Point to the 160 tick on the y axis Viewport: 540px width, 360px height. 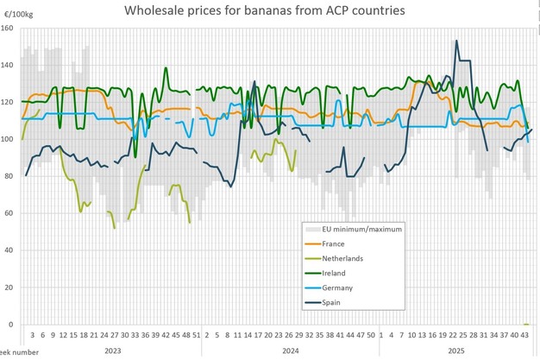[8, 28]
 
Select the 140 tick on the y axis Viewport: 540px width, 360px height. [8, 65]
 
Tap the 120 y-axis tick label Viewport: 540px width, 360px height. [8, 102]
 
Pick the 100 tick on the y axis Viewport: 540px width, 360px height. [8, 139]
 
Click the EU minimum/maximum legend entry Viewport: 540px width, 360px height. [363, 229]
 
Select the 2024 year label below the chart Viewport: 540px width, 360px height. [290, 351]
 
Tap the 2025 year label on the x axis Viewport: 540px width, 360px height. [456, 351]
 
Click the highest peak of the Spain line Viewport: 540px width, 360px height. [456, 41]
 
